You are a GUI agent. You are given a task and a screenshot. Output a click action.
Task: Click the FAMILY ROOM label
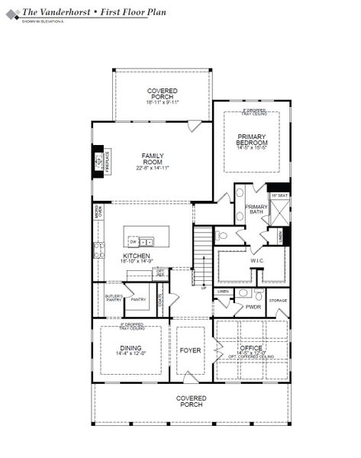[153, 158]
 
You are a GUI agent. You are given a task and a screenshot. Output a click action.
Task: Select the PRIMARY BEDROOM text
[252, 140]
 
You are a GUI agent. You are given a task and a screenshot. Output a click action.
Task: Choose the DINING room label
[129, 347]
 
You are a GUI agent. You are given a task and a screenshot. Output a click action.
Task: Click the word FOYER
[189, 350]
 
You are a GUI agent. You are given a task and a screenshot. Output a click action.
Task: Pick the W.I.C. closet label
[256, 260]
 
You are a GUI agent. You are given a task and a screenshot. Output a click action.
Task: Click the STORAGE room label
[278, 301]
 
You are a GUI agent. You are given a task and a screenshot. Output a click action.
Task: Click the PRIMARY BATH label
[256, 209]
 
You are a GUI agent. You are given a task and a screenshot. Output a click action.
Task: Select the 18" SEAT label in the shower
[280, 195]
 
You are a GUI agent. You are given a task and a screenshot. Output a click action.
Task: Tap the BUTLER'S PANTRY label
[103, 298]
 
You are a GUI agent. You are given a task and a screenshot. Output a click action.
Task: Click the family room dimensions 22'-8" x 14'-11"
[153, 167]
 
